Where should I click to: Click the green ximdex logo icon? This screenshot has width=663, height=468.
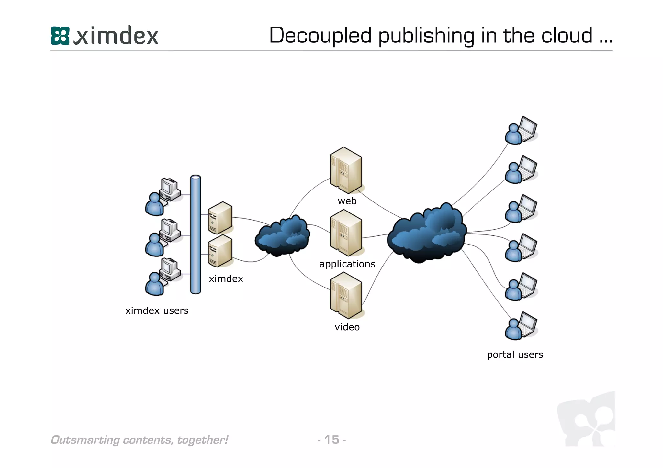click(x=60, y=36)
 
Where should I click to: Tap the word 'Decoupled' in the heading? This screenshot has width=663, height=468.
click(x=320, y=35)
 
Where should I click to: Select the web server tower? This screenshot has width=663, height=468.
click(x=346, y=170)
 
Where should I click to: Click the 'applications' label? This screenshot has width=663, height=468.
click(x=347, y=264)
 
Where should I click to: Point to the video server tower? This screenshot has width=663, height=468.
click(x=346, y=295)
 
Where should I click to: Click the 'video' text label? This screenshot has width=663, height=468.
click(x=347, y=327)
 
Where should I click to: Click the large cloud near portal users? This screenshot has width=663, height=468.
click(x=427, y=233)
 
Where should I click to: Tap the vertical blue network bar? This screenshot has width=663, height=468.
click(x=196, y=234)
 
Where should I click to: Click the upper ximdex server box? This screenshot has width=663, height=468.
click(x=220, y=218)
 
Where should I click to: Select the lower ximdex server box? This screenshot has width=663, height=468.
click(x=220, y=251)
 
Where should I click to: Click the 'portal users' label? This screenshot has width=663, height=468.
click(x=515, y=354)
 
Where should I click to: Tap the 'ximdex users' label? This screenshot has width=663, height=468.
click(x=157, y=310)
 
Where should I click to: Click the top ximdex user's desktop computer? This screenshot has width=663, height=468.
click(x=170, y=189)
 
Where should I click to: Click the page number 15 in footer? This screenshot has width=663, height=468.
click(x=331, y=440)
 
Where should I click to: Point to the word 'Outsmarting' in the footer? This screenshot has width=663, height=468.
click(x=85, y=440)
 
